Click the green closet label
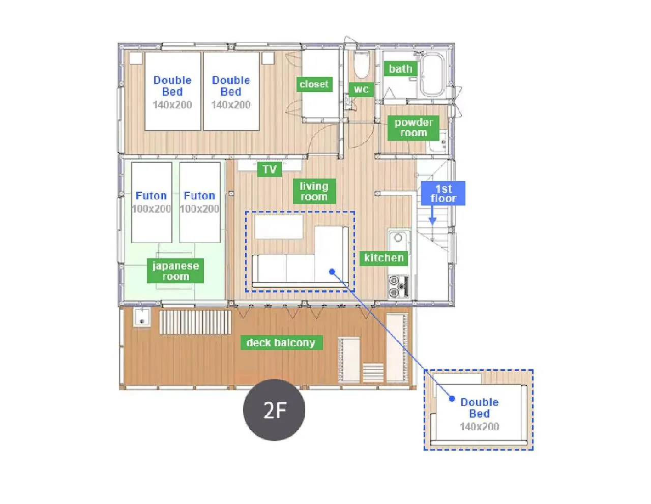click(x=314, y=84)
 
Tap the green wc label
click(x=361, y=90)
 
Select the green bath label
click(x=400, y=69)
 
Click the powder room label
click(x=413, y=128)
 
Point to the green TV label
click(x=269, y=169)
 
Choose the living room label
click(x=314, y=192)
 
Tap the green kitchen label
click(x=383, y=258)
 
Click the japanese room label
click(x=175, y=271)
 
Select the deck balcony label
click(x=281, y=343)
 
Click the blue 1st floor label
click(x=443, y=194)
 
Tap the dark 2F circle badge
click(x=274, y=410)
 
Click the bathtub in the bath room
click(x=432, y=74)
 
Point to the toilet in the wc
click(x=362, y=65)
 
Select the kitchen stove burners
click(x=397, y=286)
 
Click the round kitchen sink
click(x=398, y=238)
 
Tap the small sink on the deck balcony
click(x=141, y=317)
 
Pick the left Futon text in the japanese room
click(x=151, y=196)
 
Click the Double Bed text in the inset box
click(x=479, y=408)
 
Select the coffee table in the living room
click(x=279, y=227)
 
